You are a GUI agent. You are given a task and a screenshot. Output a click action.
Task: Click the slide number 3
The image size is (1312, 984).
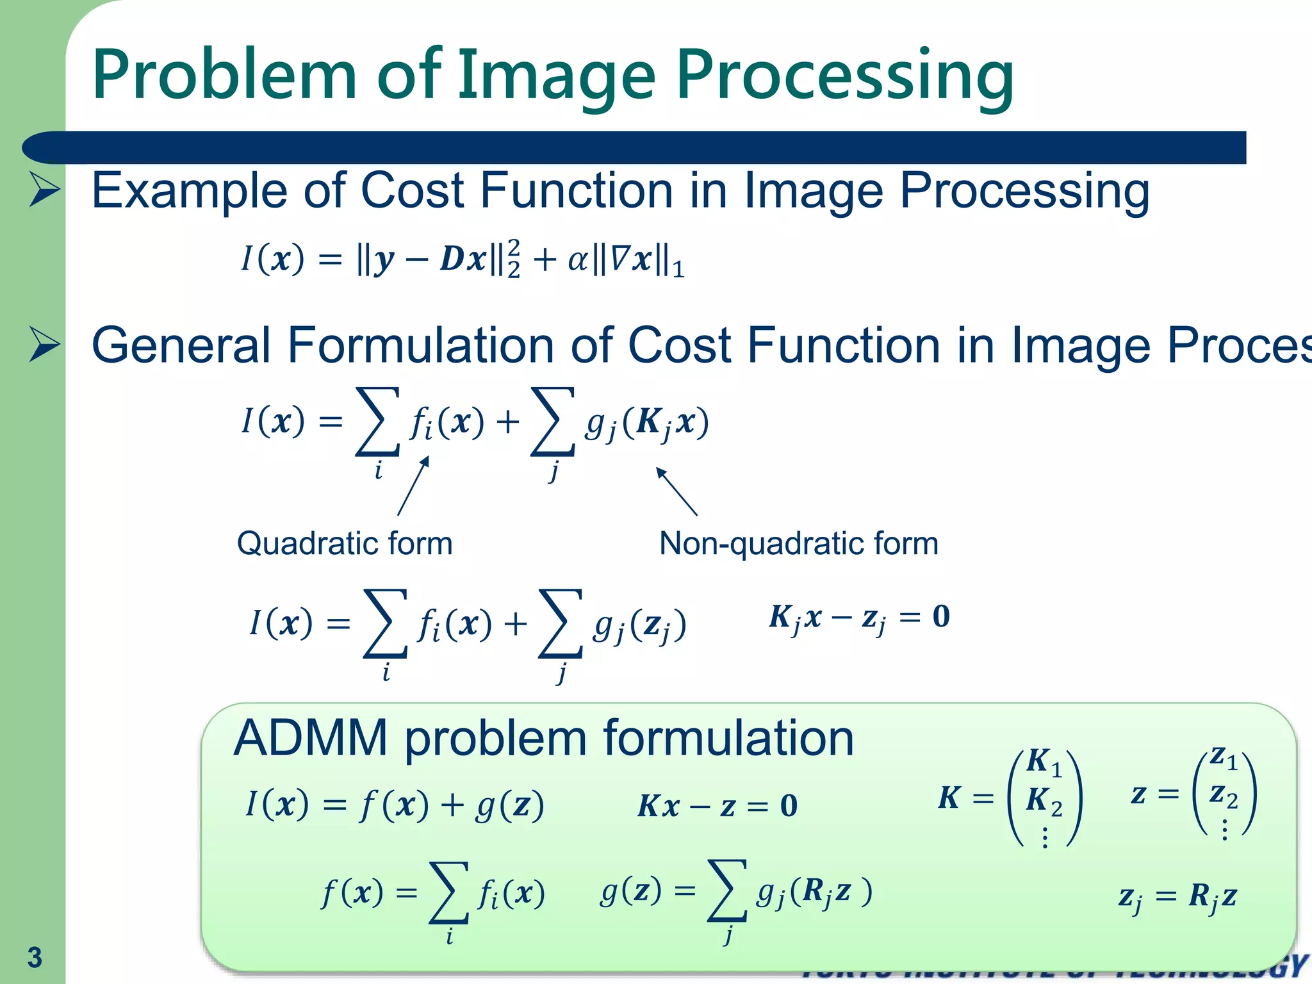35,958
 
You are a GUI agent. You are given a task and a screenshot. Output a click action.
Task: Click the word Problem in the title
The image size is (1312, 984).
224,76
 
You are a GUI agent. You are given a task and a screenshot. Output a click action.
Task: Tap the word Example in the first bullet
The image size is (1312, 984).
189,191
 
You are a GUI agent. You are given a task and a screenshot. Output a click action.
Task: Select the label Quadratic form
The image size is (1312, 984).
345,543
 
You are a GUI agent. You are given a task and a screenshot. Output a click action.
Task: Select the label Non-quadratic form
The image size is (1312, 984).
798,543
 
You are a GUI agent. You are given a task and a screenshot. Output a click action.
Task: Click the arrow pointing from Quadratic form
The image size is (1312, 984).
413,486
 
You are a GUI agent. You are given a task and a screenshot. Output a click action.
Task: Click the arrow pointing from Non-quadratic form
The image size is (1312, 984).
676,491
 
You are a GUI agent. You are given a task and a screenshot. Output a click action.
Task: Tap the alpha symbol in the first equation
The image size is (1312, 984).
577,260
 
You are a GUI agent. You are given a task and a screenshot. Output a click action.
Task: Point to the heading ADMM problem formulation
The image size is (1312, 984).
543,738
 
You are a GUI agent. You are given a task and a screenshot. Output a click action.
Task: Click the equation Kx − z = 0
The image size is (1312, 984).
717,806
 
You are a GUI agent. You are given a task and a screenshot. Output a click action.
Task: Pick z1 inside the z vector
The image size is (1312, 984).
1224,758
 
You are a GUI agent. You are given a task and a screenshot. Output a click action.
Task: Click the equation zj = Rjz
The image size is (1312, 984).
1177,896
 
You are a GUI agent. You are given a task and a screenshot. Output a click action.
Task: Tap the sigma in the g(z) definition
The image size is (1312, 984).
726,891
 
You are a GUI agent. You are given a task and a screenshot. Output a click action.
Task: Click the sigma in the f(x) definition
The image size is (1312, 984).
448,892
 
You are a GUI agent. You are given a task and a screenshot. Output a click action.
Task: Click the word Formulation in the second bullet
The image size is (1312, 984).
420,345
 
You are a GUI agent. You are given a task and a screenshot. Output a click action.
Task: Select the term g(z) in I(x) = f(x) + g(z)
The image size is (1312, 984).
509,805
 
